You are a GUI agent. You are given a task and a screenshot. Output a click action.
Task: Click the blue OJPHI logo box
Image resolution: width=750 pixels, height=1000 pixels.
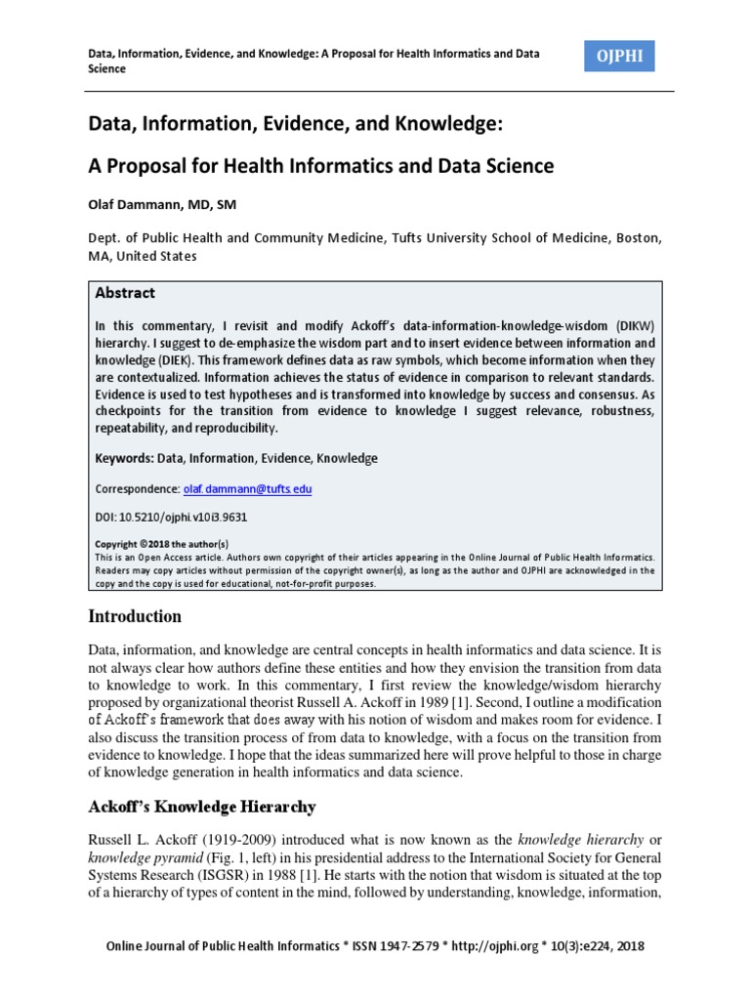(620, 58)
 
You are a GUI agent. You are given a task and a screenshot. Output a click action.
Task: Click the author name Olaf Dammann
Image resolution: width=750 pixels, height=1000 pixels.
(162, 204)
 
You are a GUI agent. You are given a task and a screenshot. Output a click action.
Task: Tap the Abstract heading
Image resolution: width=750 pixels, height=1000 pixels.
(125, 293)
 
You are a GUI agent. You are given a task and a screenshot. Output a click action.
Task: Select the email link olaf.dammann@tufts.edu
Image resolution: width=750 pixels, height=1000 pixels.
(248, 488)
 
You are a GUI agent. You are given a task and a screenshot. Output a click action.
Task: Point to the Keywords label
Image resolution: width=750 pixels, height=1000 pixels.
(123, 458)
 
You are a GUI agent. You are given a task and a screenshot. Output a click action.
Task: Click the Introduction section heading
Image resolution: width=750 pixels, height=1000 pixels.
(135, 616)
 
